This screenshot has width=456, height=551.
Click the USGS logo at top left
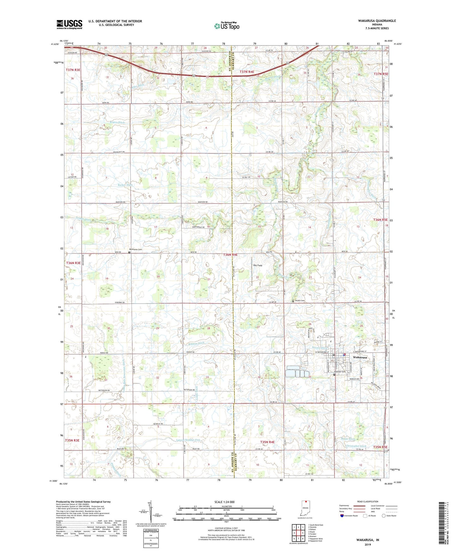(x=69, y=24)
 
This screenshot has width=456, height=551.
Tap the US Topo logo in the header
(x=226, y=26)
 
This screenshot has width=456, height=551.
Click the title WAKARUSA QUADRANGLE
(x=377, y=21)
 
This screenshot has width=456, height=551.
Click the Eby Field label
(x=258, y=265)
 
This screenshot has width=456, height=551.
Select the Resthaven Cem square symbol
(x=129, y=252)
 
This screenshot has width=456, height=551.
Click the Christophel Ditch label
(x=356, y=446)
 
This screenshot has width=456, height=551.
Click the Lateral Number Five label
(x=188, y=440)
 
